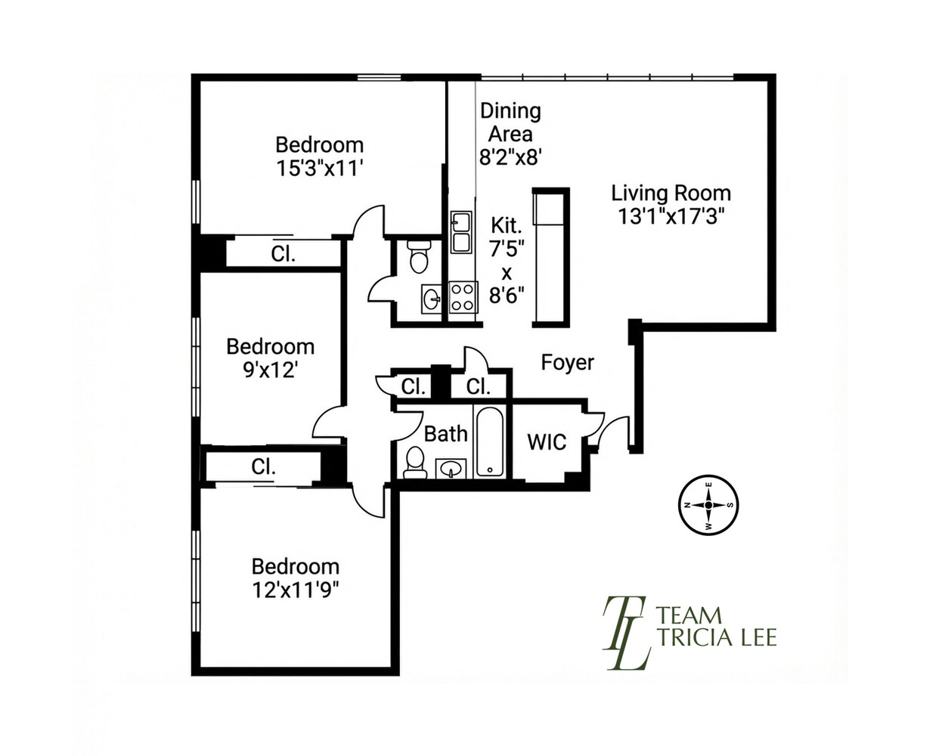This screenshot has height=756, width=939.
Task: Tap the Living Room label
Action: point(671,193)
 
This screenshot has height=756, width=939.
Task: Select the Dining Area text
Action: point(510,122)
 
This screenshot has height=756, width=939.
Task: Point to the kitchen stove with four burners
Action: point(463,296)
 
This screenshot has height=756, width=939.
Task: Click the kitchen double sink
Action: point(460,232)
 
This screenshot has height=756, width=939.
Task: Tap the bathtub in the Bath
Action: point(489,442)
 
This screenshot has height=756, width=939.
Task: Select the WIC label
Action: point(546,442)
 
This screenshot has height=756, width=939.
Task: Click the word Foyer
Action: point(567,363)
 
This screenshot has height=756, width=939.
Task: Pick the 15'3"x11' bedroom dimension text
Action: point(319,168)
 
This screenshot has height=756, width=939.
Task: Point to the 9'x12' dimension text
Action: point(270,370)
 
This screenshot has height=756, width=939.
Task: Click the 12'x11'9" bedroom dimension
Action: point(295,589)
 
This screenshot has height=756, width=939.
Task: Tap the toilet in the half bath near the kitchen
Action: point(418,257)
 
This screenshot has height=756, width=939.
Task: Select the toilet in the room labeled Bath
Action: point(415,463)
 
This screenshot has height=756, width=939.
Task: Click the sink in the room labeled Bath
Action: point(451,469)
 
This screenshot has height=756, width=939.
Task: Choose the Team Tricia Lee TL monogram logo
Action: point(625,633)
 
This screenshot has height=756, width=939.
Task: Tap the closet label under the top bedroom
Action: point(283,254)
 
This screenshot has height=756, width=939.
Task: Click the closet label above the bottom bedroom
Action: point(263,467)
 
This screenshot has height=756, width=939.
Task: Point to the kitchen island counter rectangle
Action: point(550,257)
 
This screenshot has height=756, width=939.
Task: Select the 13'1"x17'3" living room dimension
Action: point(671,217)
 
